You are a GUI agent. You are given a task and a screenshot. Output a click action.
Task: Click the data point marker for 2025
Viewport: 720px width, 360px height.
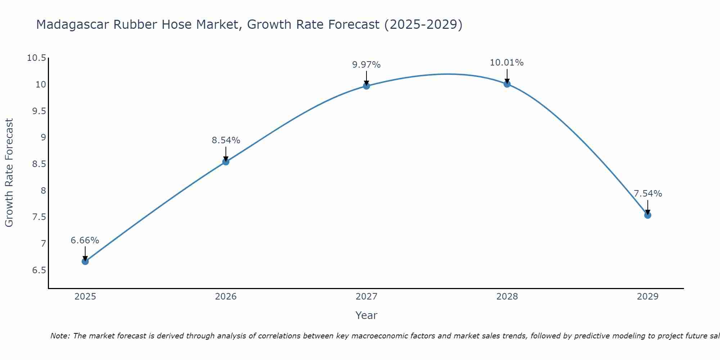[x=85, y=261]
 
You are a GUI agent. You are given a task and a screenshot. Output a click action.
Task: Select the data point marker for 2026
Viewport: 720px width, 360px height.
[x=226, y=162]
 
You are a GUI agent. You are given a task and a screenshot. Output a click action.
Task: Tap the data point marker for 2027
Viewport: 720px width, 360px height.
[x=366, y=86]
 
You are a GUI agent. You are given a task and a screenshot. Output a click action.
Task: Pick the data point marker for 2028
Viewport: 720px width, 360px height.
[x=507, y=84]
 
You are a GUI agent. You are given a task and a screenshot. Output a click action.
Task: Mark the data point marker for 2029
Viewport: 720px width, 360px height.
[x=648, y=215]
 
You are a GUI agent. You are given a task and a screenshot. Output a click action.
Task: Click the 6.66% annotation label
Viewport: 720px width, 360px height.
[x=85, y=240]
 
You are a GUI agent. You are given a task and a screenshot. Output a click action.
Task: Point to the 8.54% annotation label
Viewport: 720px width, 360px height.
[x=226, y=140]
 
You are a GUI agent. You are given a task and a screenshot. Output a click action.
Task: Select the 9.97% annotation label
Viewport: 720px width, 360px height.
[x=366, y=65]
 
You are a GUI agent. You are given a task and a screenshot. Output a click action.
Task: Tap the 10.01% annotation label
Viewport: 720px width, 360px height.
[x=507, y=63]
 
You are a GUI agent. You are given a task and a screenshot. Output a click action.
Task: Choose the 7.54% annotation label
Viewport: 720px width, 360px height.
[x=648, y=194]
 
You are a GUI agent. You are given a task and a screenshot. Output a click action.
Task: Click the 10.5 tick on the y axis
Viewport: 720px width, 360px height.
[x=37, y=58]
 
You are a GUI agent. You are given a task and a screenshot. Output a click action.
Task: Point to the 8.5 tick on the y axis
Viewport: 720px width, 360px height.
[x=39, y=164]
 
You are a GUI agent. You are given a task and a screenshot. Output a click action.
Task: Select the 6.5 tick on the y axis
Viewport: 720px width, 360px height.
[x=39, y=270]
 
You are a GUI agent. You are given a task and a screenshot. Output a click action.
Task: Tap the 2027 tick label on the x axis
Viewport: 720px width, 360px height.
[x=366, y=297]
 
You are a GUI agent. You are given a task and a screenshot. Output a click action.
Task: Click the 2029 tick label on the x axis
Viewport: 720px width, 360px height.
[x=648, y=297]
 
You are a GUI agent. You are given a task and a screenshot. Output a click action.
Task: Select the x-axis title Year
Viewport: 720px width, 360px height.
[x=366, y=315]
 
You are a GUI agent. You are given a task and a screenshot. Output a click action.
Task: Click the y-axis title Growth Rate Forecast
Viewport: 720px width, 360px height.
[x=9, y=172]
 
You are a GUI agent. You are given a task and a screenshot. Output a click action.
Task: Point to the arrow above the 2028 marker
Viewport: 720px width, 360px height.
[x=507, y=76]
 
